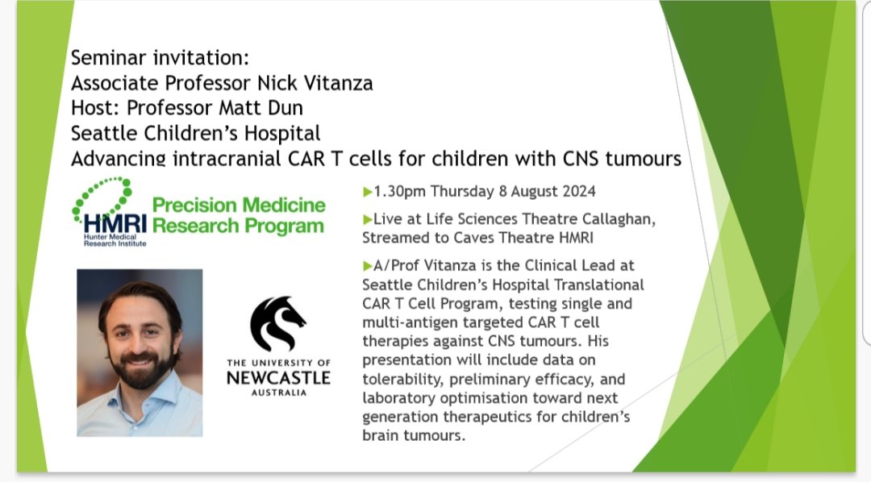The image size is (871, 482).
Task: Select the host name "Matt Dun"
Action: [x=276, y=109]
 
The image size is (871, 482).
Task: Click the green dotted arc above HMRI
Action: [x=101, y=193]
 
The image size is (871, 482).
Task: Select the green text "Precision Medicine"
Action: [x=239, y=205]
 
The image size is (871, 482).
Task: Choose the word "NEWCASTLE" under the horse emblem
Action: [x=277, y=377]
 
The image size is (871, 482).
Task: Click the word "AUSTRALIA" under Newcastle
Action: [x=277, y=393]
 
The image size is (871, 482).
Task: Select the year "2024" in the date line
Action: [x=574, y=192]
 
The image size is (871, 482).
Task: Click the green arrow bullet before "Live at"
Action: [x=368, y=218]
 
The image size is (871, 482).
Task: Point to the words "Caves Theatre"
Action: [x=478, y=238]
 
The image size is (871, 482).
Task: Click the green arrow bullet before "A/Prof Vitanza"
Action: [x=368, y=267]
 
